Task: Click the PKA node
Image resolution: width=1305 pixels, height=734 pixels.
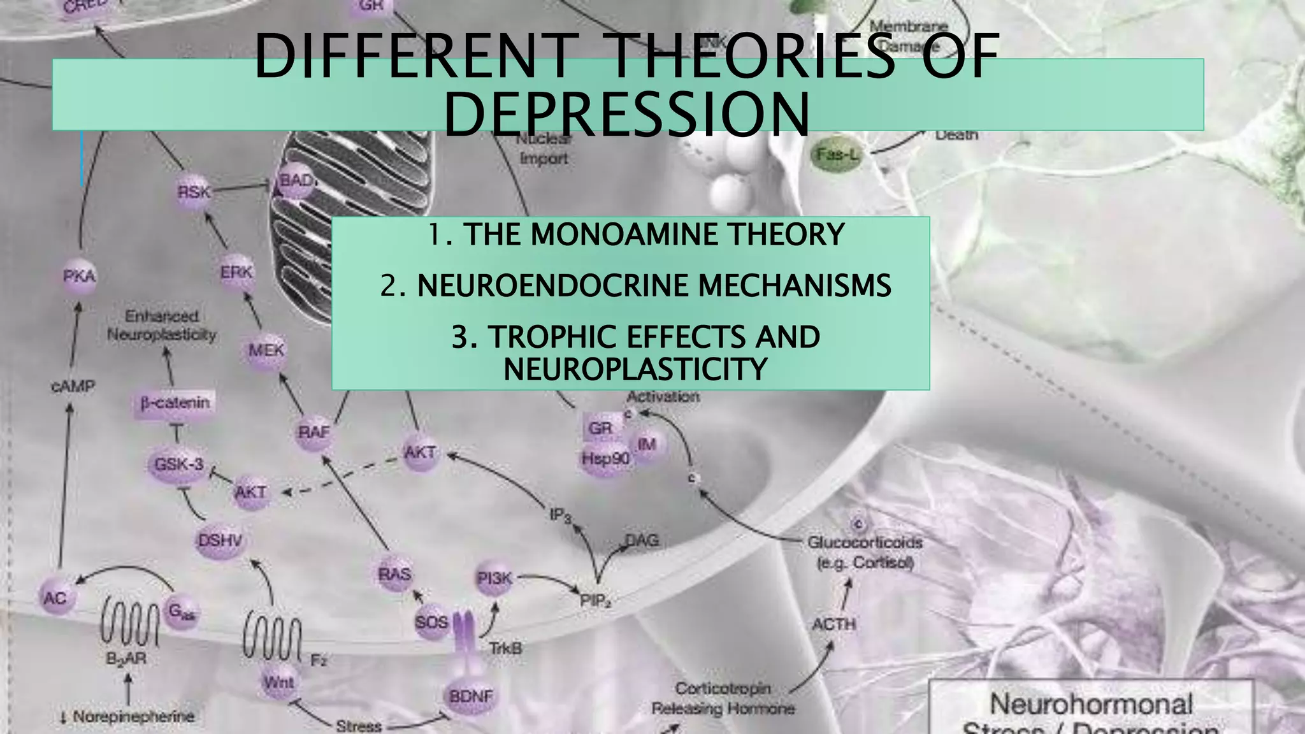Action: pyautogui.click(x=80, y=277)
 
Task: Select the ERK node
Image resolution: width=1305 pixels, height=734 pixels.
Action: pyautogui.click(x=236, y=272)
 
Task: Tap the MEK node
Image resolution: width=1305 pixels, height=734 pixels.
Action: pyautogui.click(x=266, y=350)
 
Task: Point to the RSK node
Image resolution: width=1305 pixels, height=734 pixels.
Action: pyautogui.click(x=194, y=191)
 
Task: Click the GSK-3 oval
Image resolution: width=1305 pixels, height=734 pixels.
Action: pyautogui.click(x=179, y=464)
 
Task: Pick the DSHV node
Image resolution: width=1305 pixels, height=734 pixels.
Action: pyautogui.click(x=220, y=541)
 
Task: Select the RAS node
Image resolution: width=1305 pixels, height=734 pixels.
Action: pyautogui.click(x=394, y=574)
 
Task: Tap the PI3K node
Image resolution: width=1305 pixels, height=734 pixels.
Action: pyautogui.click(x=494, y=579)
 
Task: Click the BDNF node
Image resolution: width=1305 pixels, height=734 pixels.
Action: pyautogui.click(x=471, y=696)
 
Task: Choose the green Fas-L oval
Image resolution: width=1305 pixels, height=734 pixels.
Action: pyautogui.click(x=837, y=154)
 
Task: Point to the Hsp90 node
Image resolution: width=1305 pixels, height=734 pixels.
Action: pyautogui.click(x=605, y=458)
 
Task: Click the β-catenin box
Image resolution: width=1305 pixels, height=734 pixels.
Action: pyautogui.click(x=175, y=403)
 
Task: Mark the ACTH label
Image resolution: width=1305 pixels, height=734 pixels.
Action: pyautogui.click(x=833, y=624)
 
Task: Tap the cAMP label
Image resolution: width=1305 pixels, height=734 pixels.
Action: pyautogui.click(x=73, y=386)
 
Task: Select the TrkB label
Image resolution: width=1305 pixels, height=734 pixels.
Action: pyautogui.click(x=505, y=649)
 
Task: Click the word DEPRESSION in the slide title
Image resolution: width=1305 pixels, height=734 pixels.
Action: pyautogui.click(x=626, y=115)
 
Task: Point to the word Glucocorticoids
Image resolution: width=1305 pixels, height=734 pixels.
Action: pyautogui.click(x=865, y=543)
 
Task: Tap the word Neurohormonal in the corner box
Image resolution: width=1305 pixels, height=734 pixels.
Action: pyautogui.click(x=1090, y=705)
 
